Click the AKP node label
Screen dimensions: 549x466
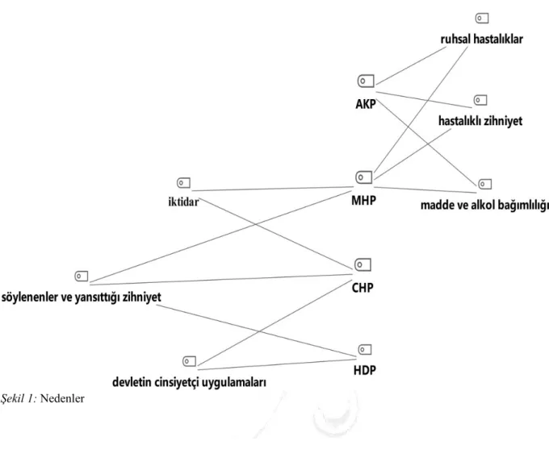click(366, 104)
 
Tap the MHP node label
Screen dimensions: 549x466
click(364, 200)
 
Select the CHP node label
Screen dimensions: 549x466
click(363, 288)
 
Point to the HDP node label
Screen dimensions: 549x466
click(364, 370)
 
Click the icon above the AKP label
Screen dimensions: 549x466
click(366, 81)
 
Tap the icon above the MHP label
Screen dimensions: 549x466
click(364, 177)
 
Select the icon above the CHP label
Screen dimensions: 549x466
click(363, 264)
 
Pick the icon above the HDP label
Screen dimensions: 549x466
click(365, 349)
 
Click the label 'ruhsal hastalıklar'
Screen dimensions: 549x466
click(482, 40)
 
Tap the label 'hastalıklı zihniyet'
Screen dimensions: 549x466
click(480, 121)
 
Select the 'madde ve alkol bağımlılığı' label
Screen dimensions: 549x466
click(484, 206)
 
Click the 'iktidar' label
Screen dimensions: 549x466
click(183, 202)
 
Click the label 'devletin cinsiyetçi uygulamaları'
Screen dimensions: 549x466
click(189, 382)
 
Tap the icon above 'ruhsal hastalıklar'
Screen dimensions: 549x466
click(482, 19)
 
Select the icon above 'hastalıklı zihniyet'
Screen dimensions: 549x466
click(480, 100)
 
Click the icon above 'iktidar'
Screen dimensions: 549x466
click(183, 183)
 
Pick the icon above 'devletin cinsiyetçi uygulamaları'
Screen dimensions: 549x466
click(190, 361)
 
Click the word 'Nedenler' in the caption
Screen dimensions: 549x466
click(62, 398)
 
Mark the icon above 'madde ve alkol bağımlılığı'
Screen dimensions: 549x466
click(485, 184)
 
